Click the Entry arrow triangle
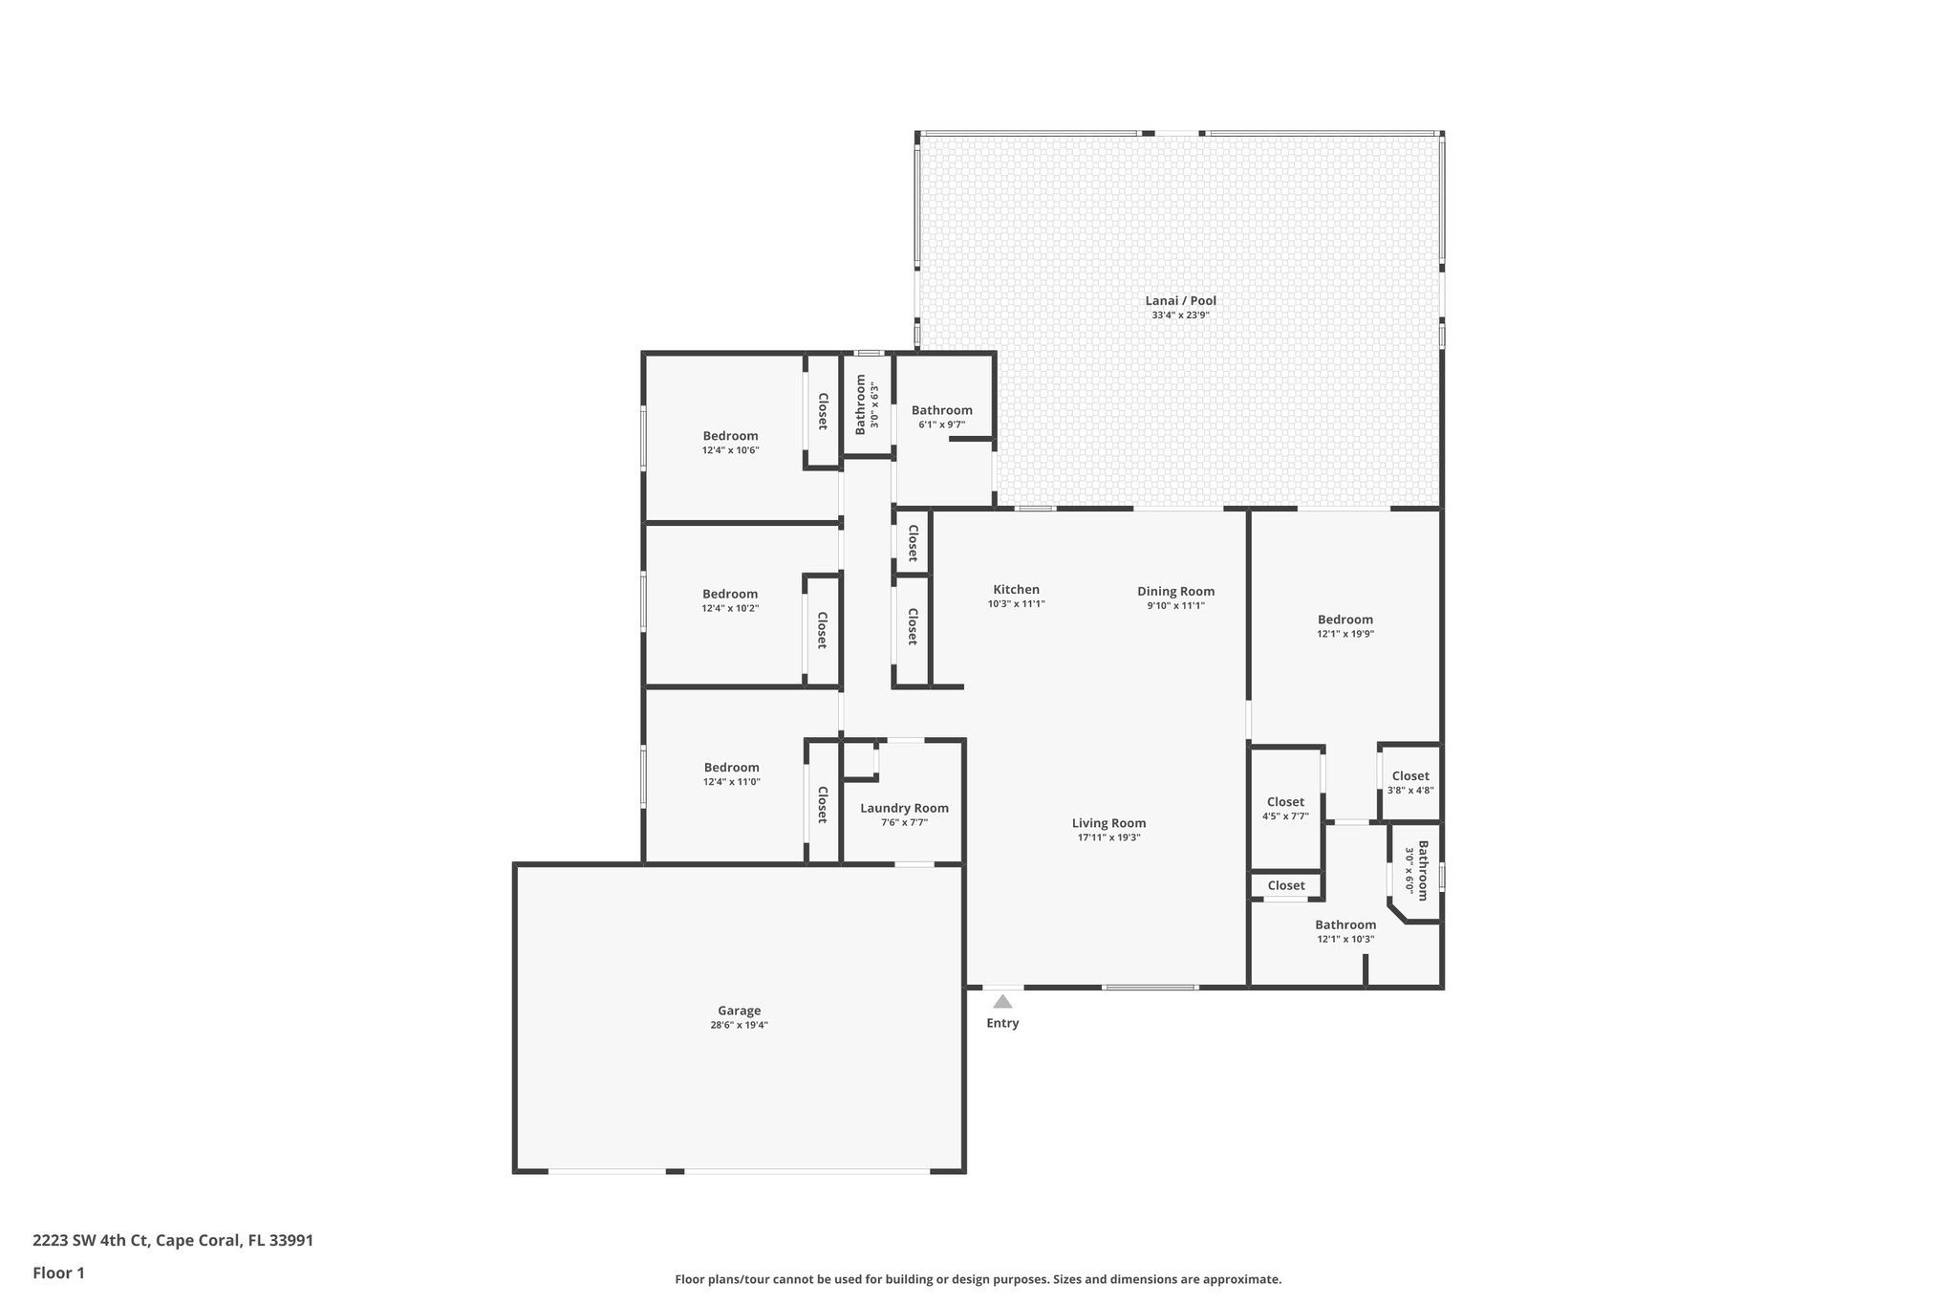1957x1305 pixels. click(1002, 1002)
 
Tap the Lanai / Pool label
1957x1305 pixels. click(1180, 301)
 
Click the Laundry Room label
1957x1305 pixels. click(904, 808)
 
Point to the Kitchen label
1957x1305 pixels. click(1016, 590)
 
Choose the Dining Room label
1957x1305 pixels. click(1175, 591)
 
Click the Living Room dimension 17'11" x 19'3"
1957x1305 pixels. click(1108, 837)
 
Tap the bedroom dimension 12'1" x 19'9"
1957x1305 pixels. click(1345, 634)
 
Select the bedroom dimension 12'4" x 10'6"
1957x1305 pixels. click(730, 450)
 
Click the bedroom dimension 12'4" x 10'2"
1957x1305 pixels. click(730, 608)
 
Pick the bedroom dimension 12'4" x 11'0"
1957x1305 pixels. click(731, 782)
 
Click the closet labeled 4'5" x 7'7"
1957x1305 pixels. click(1285, 809)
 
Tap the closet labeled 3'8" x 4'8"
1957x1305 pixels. click(1410, 783)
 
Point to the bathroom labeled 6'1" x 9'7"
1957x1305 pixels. click(941, 417)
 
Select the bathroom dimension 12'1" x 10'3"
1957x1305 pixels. click(1345, 939)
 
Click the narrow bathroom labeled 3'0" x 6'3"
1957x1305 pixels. click(866, 404)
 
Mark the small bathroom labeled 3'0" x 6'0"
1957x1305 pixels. click(1416, 870)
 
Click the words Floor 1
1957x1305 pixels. click(59, 1273)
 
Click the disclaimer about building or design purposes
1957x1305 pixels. click(978, 1279)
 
